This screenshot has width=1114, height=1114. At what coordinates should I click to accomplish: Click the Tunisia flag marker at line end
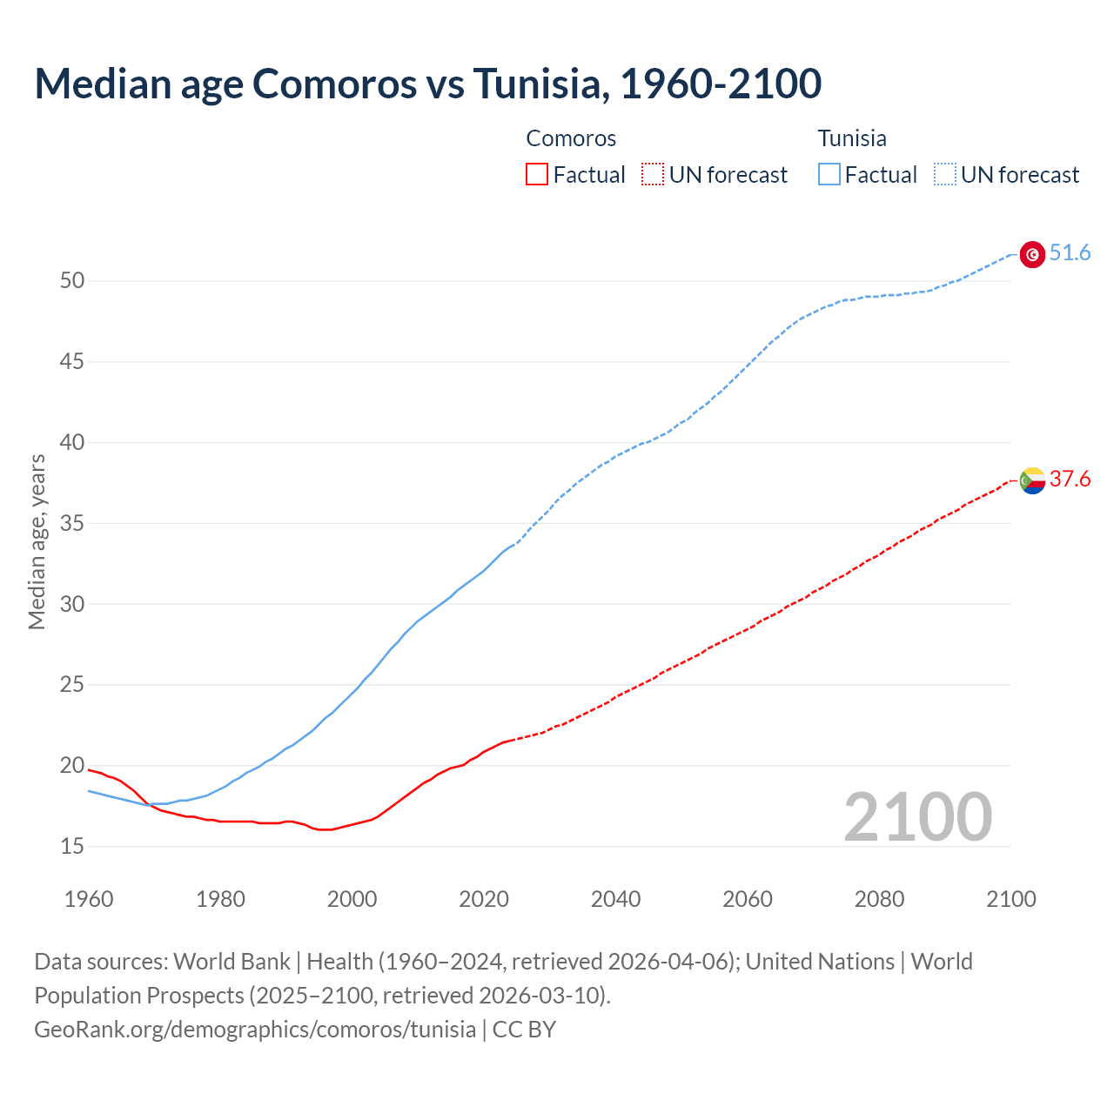click(1032, 254)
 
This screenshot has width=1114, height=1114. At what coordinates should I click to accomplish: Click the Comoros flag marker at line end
click(1032, 480)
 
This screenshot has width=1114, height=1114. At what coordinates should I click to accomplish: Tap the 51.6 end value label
click(1070, 253)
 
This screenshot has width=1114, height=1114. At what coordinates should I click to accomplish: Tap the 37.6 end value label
click(1070, 480)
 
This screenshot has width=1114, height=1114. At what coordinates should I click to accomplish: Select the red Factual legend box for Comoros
click(537, 175)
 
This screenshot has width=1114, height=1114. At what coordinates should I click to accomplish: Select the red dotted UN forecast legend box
click(653, 175)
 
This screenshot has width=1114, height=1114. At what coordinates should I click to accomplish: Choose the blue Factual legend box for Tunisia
click(829, 175)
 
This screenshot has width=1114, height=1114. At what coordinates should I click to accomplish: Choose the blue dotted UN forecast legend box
click(944, 175)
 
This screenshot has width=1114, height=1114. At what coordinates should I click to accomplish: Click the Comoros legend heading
click(571, 138)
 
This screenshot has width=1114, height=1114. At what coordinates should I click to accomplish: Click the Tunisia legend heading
click(852, 138)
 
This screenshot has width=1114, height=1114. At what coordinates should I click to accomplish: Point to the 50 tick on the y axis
click(72, 280)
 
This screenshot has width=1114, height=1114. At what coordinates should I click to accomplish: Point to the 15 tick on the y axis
click(72, 846)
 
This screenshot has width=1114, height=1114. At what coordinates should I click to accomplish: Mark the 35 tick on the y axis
click(72, 523)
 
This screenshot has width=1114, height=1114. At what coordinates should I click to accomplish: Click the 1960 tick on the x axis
click(89, 899)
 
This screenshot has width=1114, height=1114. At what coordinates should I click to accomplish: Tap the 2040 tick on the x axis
click(615, 899)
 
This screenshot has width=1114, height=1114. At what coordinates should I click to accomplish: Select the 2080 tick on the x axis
click(879, 899)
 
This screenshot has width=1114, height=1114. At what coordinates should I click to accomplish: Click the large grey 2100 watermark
click(917, 817)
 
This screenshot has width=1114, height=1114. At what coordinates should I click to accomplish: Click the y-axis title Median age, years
click(37, 541)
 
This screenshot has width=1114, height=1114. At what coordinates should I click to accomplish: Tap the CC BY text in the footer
click(524, 1030)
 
